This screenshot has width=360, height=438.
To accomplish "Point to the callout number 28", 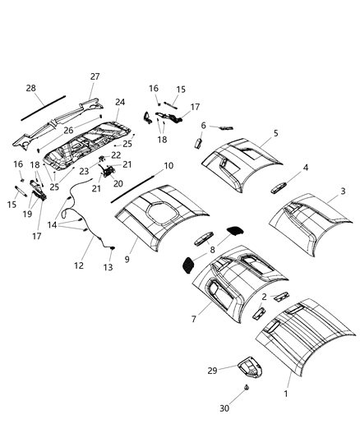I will (30, 88).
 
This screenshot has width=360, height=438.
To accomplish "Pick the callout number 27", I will (95, 76).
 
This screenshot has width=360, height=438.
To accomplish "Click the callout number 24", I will (120, 103).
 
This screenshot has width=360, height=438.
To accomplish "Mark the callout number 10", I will (168, 166).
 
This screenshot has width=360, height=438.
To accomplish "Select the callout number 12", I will (79, 265).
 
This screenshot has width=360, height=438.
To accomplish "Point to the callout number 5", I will (276, 133).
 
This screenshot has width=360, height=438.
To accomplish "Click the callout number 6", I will (203, 125).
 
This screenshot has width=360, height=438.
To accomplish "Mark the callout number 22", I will (116, 154).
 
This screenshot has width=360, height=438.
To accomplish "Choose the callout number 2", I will (264, 297).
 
